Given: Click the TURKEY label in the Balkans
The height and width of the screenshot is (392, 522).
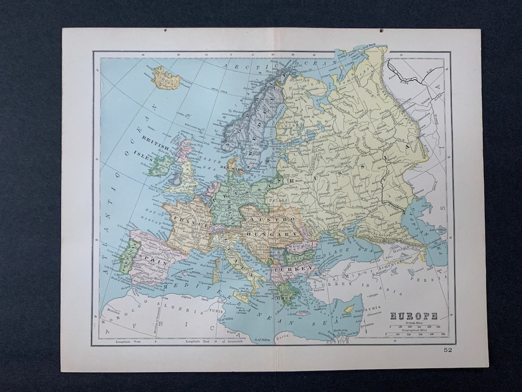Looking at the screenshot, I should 293,268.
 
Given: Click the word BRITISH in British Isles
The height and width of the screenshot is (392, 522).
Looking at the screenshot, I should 155,137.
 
